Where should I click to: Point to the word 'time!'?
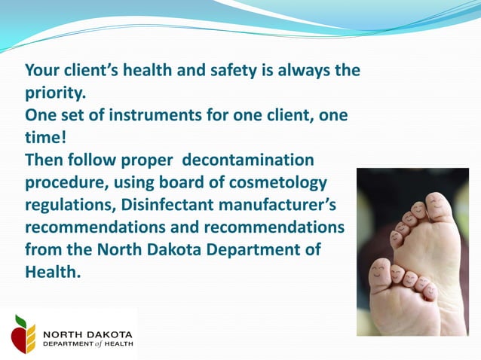[x=46, y=138]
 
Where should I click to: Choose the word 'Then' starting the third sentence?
[x=44, y=160]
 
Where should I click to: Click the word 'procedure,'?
[x=66, y=183]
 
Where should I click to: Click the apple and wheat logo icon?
[x=23, y=334]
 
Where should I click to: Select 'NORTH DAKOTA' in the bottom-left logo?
[x=87, y=334]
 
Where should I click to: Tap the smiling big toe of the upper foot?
[x=438, y=205]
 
